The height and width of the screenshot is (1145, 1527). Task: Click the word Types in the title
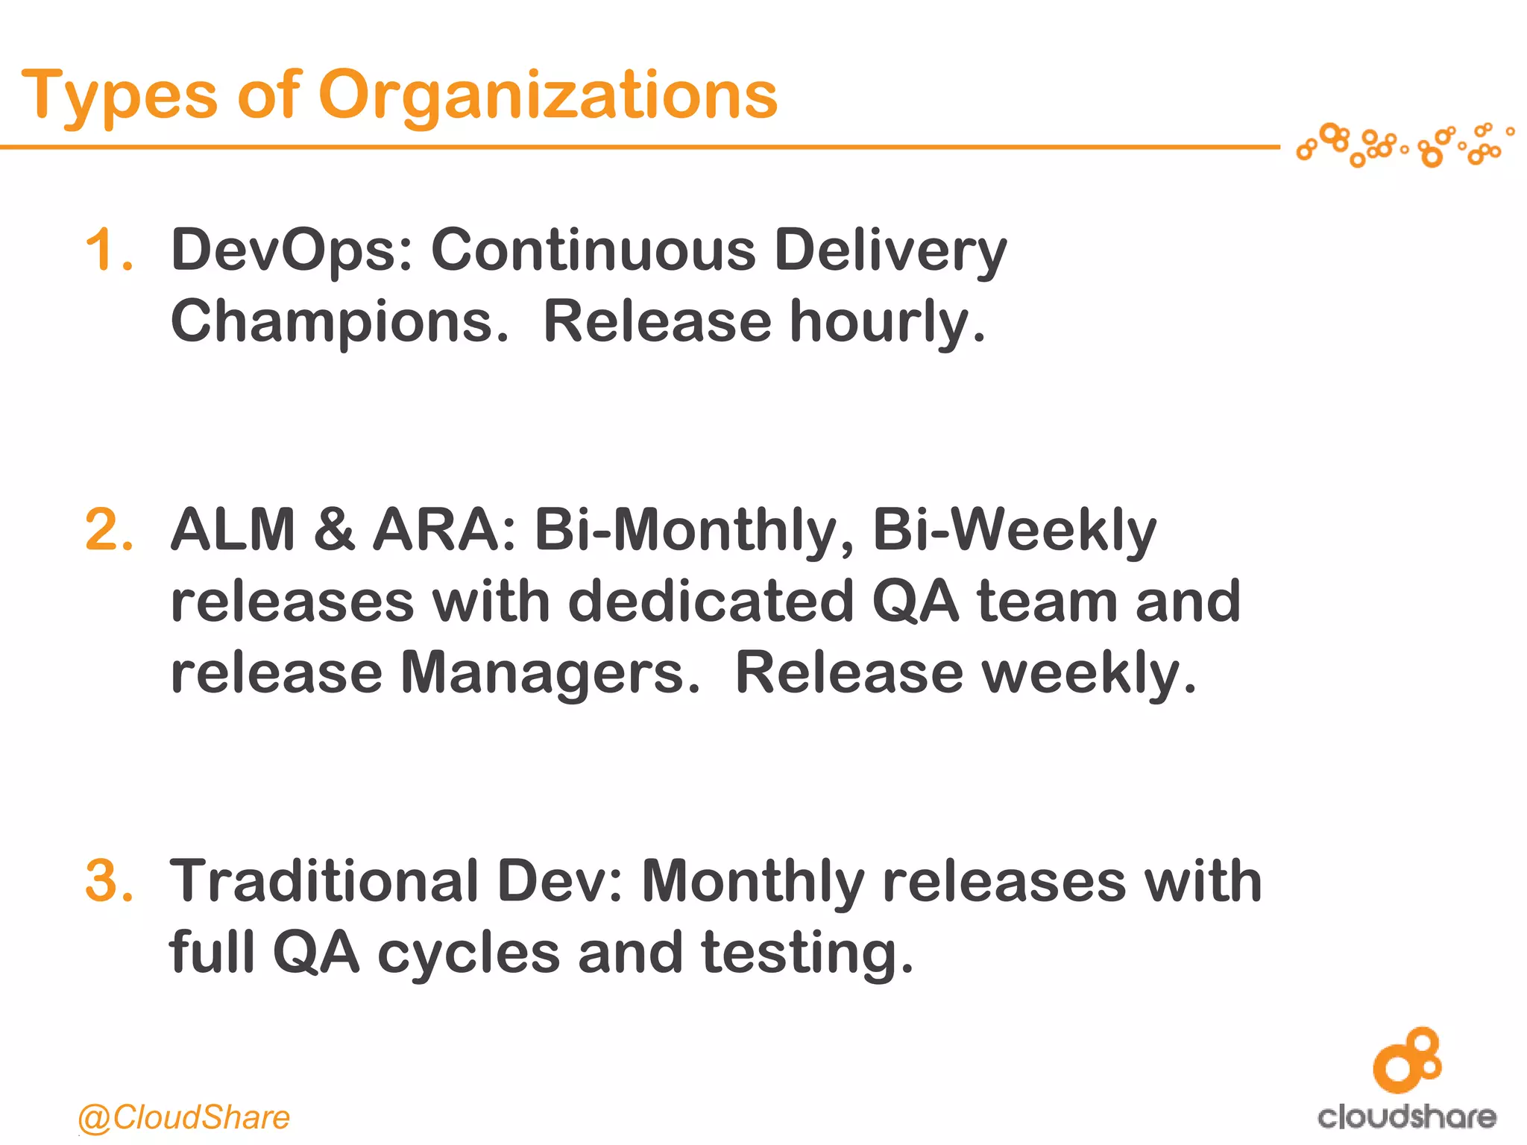pos(119,97)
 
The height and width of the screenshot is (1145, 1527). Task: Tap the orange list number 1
pos(109,250)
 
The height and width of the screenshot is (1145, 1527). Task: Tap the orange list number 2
pos(109,530)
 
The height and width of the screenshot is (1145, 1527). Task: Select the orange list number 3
pos(109,881)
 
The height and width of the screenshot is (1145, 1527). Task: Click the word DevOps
pos(291,250)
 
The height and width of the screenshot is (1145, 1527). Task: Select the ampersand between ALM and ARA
pos(334,530)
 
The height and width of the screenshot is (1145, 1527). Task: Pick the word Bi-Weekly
pos(1014,530)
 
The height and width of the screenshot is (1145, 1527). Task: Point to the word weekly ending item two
pos(1089,672)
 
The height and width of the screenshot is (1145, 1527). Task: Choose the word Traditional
pos(324,881)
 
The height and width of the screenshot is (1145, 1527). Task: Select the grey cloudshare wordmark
pos(1407,1117)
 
